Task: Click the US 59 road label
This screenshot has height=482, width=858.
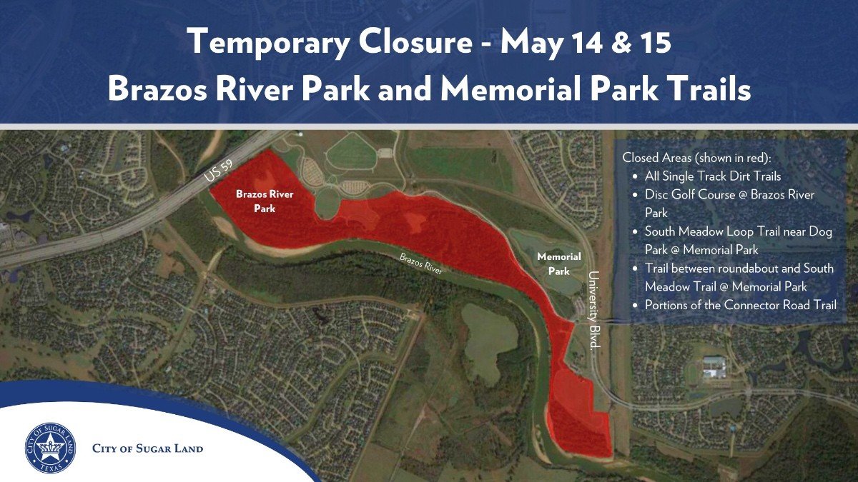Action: point(218,171)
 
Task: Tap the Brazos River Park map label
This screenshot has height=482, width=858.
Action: point(265,201)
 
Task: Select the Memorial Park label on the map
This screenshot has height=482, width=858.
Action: point(559,263)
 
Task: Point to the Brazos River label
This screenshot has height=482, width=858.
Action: point(421,263)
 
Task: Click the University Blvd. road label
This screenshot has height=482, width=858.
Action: point(593,309)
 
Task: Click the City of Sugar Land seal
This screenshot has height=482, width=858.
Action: point(50,448)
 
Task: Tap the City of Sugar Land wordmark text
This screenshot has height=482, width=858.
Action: point(147,448)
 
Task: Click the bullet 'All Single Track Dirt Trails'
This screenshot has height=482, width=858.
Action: point(712,176)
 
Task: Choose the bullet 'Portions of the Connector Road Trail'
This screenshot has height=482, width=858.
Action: point(741,305)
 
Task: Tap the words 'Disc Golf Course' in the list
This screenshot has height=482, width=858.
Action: point(689,195)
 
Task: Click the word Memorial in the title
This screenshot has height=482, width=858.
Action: point(511,89)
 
